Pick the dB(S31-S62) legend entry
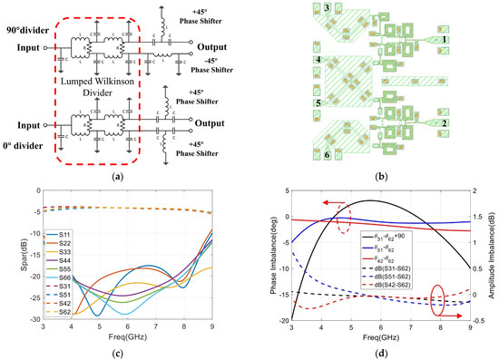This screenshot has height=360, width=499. [417, 267]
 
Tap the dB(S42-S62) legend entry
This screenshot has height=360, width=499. [417, 288]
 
